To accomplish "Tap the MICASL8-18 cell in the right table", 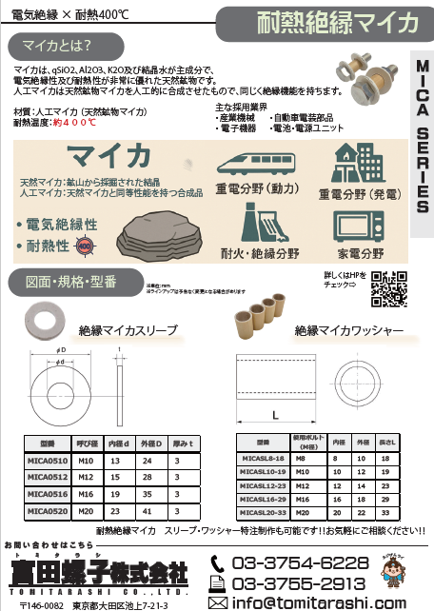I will pyautogui.click(x=257, y=458).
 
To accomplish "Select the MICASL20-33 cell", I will pyautogui.click(x=257, y=511).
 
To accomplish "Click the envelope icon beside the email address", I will pyautogui.click(x=218, y=601).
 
